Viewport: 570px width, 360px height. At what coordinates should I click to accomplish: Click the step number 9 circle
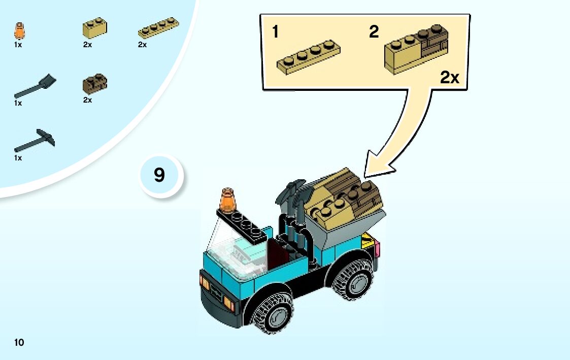[x=159, y=176]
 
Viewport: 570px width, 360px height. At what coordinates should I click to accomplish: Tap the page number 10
[x=19, y=342]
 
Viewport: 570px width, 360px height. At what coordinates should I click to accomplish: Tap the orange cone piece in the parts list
[x=20, y=31]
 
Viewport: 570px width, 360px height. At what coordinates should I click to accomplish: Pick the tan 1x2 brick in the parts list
[x=94, y=28]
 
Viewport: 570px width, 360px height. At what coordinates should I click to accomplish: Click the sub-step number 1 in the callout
[x=275, y=32]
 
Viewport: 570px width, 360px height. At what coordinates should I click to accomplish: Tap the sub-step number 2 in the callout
[x=374, y=32]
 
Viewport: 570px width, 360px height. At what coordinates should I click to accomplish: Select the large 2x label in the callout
[x=449, y=78]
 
